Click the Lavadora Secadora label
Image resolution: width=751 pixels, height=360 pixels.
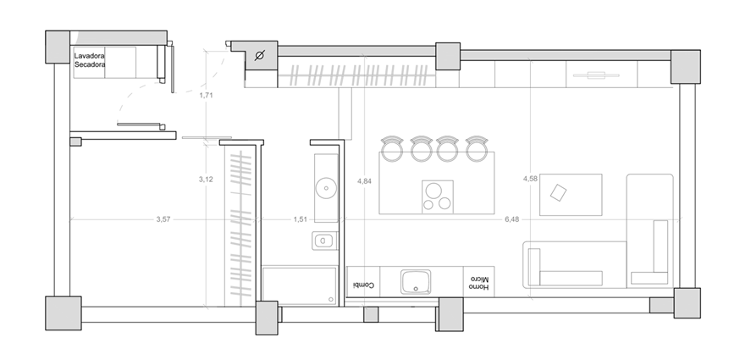(90, 60)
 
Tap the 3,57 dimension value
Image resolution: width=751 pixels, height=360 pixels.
(163, 219)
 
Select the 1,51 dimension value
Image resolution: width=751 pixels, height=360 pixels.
(301, 219)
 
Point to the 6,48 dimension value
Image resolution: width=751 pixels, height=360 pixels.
(511, 219)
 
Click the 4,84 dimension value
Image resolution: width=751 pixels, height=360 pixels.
(364, 181)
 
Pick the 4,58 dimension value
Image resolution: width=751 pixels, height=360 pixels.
(530, 179)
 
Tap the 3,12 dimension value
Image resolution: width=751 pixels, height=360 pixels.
(206, 180)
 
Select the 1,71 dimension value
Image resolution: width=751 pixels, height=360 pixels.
(206, 95)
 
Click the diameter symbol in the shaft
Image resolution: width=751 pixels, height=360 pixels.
(259, 57)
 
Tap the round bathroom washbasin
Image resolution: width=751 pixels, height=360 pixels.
(327, 187)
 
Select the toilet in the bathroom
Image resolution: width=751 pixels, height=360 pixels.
(323, 241)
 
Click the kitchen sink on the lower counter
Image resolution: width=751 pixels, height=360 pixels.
(416, 281)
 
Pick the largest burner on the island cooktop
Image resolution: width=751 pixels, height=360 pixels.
(434, 191)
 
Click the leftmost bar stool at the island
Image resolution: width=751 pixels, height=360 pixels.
(392, 148)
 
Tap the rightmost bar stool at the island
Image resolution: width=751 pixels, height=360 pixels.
(477, 148)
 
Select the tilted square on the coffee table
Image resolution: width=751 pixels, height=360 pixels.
(559, 192)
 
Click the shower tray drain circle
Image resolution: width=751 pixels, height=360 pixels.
(331, 299)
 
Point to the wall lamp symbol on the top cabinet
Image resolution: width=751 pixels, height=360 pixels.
(596, 75)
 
